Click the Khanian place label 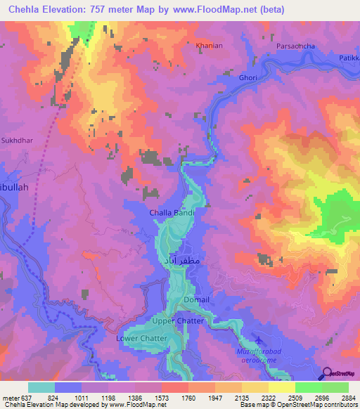tap(209, 46)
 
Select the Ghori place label tap(247, 77)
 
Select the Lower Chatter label tap(141, 338)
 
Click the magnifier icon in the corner tap(326, 373)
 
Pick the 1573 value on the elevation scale tap(162, 397)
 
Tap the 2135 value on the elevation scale tap(243, 397)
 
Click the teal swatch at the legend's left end tap(41, 387)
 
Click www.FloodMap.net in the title tap(218, 10)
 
